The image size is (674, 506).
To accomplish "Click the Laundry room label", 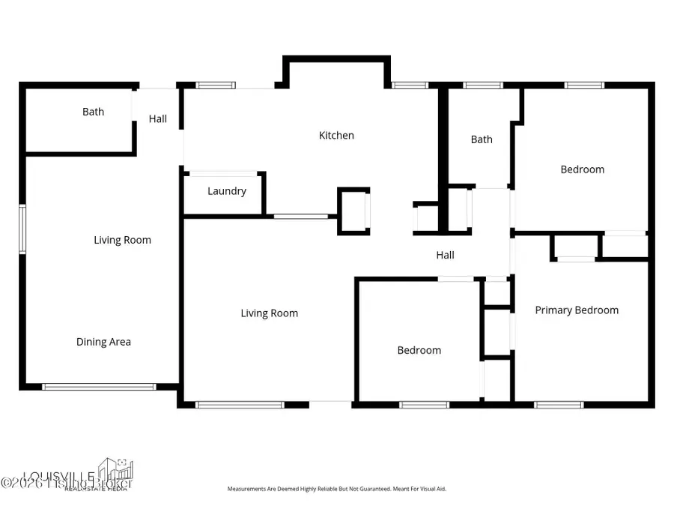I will pos(227,191).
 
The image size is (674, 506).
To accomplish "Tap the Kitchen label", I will pos(336,136).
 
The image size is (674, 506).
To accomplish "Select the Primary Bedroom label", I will pos(577,310).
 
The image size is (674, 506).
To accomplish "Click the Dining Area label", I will pos(103,342).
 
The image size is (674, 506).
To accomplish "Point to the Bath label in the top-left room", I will pos(94,112).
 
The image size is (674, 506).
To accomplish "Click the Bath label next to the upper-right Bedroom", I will pos(482,139).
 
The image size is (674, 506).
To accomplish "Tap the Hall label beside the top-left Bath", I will pos(158,118).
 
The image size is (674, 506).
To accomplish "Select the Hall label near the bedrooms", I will pos(446,256).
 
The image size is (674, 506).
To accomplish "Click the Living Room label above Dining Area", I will pos(122,240).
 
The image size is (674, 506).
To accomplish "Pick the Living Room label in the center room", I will pos(269,313).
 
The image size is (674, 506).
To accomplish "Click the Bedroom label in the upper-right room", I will pos(582,169).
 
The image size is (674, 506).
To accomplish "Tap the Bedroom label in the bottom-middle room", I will pos(419,350).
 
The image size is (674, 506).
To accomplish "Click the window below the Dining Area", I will pos(99,387).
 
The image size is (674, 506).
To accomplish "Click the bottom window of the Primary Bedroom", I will pos(559,405).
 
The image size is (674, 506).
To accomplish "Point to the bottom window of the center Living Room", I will pos(240,405).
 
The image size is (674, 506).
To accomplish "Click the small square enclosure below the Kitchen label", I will pos(353,211).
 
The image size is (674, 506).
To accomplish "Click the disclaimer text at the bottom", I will pos(337,489).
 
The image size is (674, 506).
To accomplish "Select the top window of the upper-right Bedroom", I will pos(584,85).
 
